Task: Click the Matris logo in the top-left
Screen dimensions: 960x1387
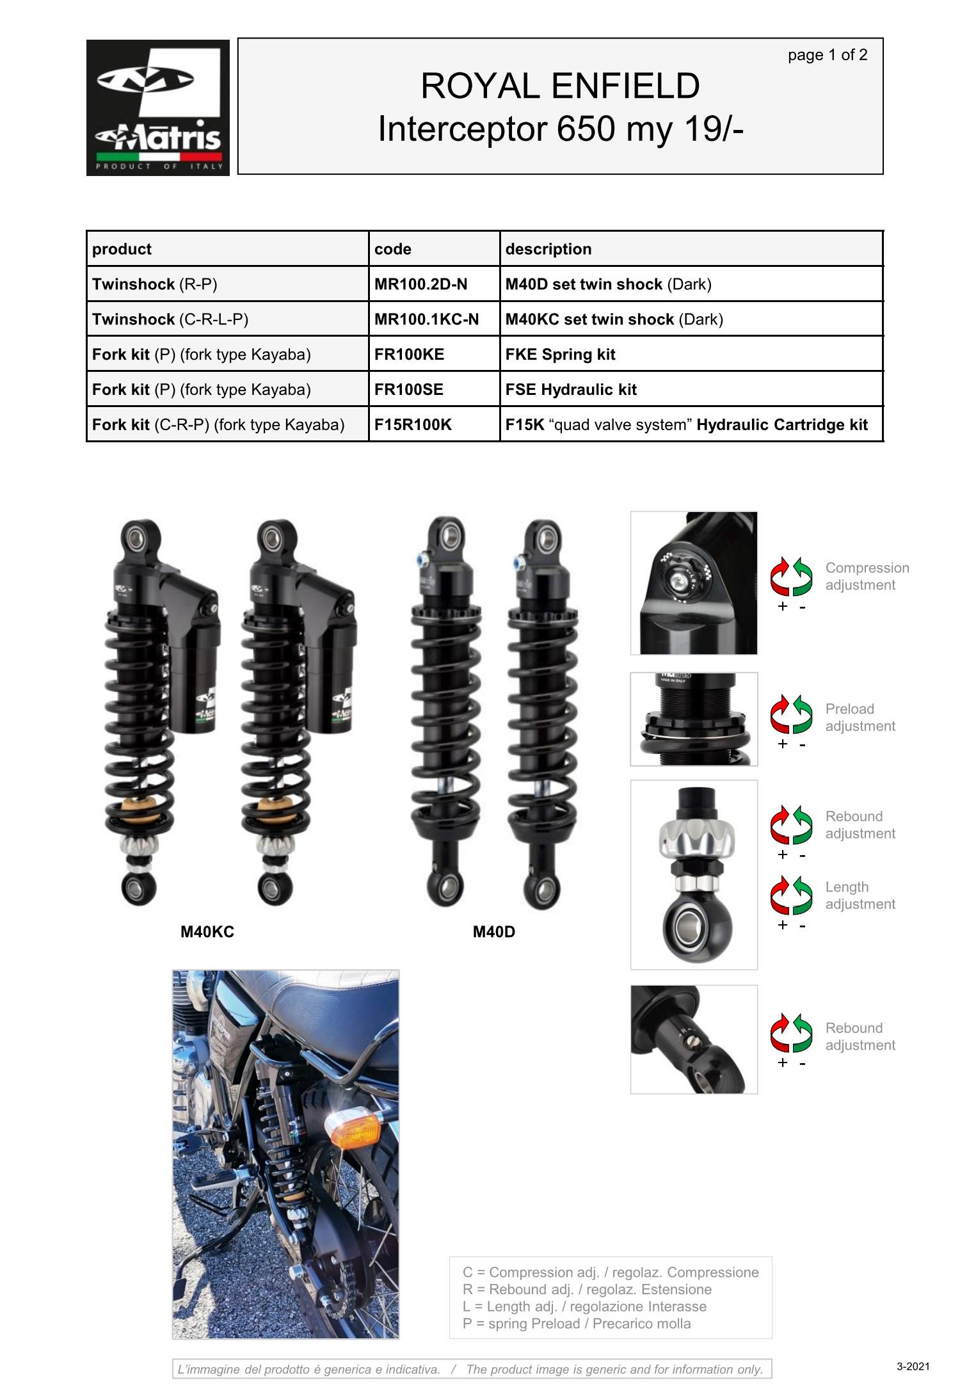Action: click(x=158, y=108)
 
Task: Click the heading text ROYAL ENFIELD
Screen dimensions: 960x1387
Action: click(x=560, y=86)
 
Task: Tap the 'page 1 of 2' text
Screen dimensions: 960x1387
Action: click(x=828, y=55)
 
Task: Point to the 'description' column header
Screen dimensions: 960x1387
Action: click(x=548, y=249)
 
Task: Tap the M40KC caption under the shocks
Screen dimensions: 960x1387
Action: click(x=207, y=932)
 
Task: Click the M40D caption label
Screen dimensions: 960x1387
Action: click(x=494, y=932)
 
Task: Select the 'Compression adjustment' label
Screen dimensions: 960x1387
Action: click(x=867, y=576)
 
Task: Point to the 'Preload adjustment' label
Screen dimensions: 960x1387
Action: click(x=860, y=718)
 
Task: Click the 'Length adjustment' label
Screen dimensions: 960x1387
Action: click(x=860, y=895)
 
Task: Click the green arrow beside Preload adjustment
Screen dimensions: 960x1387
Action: click(x=803, y=715)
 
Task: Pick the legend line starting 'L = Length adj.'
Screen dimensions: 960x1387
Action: click(x=585, y=1306)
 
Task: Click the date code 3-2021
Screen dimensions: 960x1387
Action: click(x=913, y=1367)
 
